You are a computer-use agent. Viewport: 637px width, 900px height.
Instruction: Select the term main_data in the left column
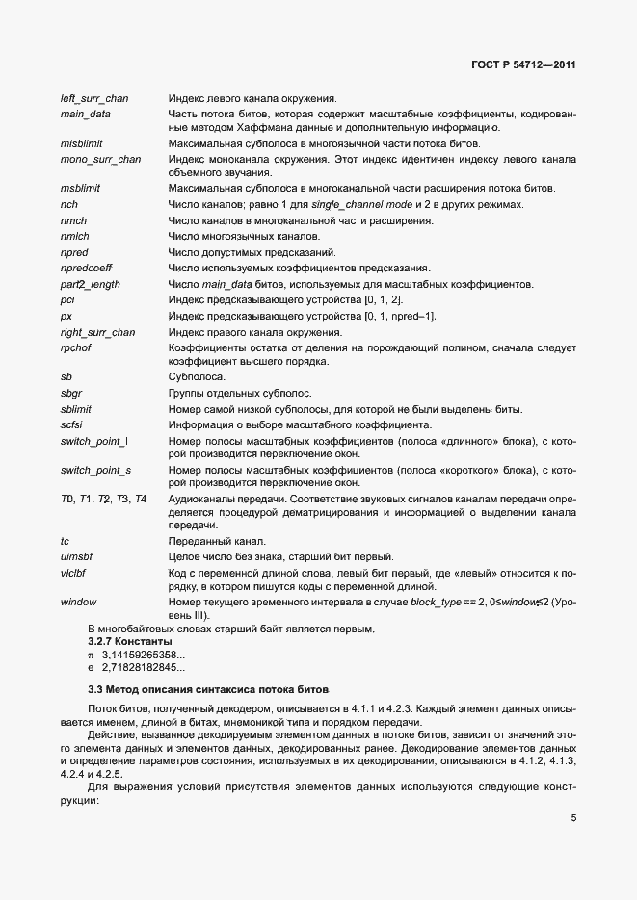pos(85,114)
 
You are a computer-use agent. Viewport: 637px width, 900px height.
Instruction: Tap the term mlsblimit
pos(83,143)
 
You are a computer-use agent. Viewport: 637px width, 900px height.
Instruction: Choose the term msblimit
pos(81,189)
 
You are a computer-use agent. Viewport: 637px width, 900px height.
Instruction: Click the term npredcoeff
pos(88,267)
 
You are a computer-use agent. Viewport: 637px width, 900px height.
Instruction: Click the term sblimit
pos(76,409)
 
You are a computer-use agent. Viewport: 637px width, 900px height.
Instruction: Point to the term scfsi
pos(72,424)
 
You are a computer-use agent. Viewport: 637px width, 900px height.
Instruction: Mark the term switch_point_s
pos(95,470)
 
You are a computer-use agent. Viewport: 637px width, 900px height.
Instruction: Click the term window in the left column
pos(78,602)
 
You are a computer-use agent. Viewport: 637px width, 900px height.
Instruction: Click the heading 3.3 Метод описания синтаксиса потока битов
pos(208,690)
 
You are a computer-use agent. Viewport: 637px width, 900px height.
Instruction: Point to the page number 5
pos(573,791)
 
